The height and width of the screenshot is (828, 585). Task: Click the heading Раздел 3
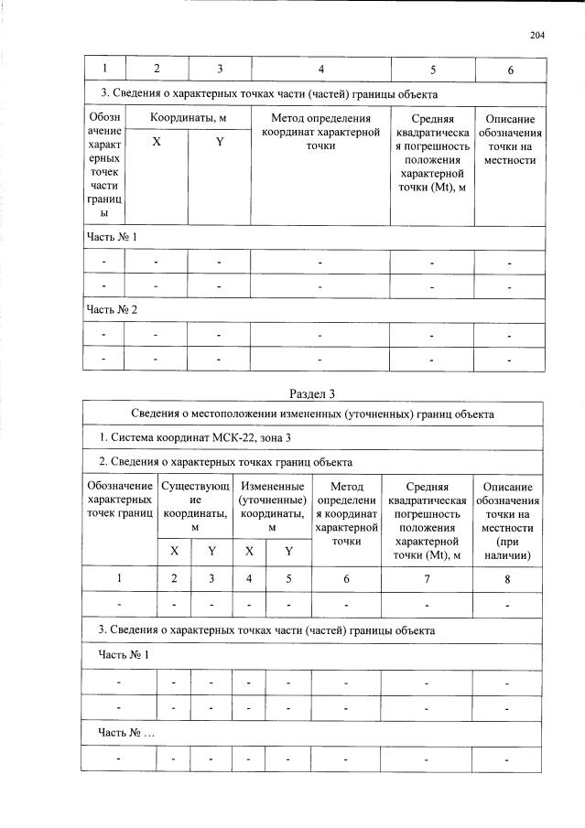(x=312, y=394)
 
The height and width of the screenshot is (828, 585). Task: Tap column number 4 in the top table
(x=320, y=70)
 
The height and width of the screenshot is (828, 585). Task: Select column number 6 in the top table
(x=510, y=70)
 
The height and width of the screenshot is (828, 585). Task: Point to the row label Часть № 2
(x=112, y=309)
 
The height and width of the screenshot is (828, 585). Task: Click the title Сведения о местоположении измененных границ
(x=312, y=414)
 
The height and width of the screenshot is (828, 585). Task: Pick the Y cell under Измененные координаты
(x=288, y=551)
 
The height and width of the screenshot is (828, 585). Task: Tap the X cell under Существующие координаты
(x=174, y=551)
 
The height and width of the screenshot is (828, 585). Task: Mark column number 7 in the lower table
(x=428, y=579)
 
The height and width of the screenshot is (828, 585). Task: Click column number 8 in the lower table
(x=507, y=579)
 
